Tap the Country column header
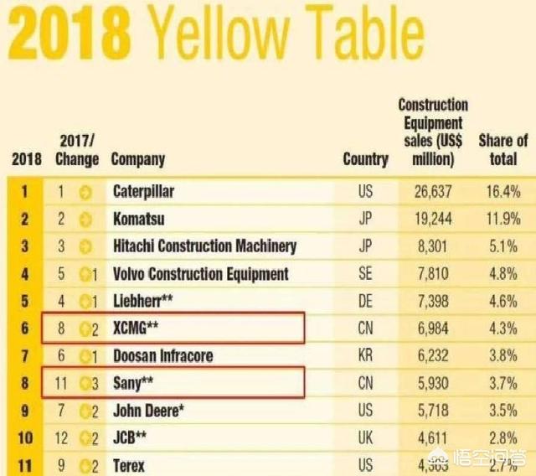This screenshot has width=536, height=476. pos(365,158)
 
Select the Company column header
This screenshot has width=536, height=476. pos(138,158)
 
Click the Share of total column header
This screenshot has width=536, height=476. pos(502,149)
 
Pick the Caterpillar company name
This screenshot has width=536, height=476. pos(144,192)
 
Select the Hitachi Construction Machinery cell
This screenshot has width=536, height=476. pos(204,246)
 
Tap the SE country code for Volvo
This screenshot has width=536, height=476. pos(365,274)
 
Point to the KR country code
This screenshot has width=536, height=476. pos(365,355)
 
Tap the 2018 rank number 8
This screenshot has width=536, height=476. pos(24,383)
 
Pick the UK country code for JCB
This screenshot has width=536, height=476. pos(365,437)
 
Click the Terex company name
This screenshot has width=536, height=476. pos(129,465)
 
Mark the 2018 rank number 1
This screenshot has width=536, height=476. pos(24,192)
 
